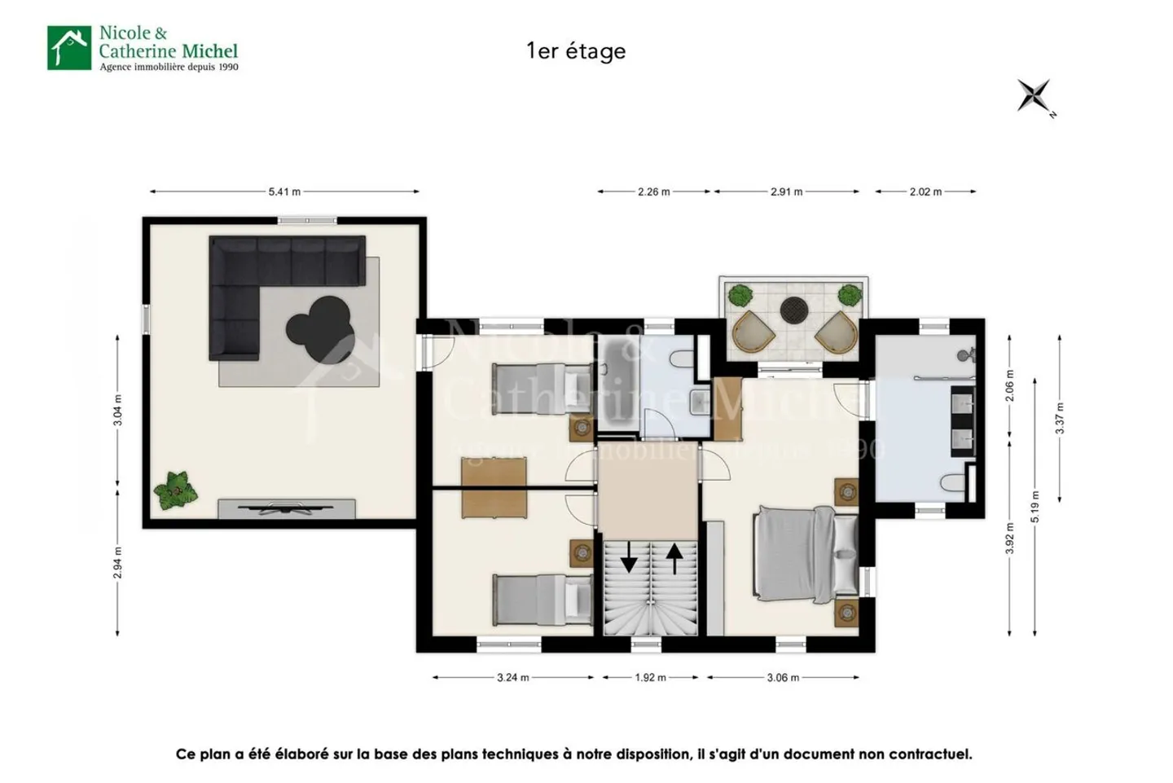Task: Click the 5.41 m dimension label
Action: [x=284, y=192]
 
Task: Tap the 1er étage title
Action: [x=576, y=51]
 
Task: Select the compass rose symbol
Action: [x=1035, y=96]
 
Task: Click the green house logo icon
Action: [x=69, y=48]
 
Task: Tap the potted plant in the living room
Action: [x=175, y=490]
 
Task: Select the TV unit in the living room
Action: [x=286, y=509]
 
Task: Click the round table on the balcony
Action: [x=793, y=310]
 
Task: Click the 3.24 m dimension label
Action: [x=512, y=678]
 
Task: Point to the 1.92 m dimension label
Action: [x=650, y=678]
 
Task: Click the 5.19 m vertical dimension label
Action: [x=1035, y=506]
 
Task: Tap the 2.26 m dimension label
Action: [x=653, y=192]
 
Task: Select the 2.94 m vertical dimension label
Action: [x=118, y=563]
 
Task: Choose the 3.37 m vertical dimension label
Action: [x=1060, y=418]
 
